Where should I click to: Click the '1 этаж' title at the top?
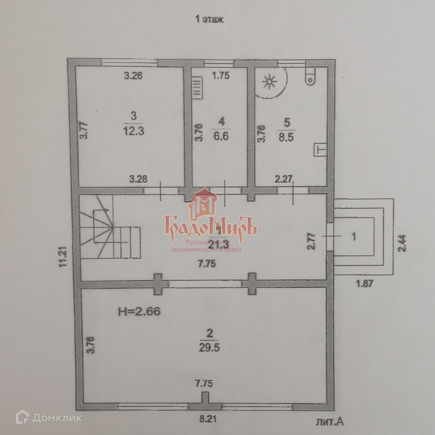(x=209, y=19)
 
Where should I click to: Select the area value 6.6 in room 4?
(x=220, y=136)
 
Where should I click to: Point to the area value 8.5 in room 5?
(x=286, y=136)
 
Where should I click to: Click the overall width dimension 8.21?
(x=207, y=419)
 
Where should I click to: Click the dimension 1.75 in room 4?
(x=221, y=75)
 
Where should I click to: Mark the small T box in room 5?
(x=319, y=149)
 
